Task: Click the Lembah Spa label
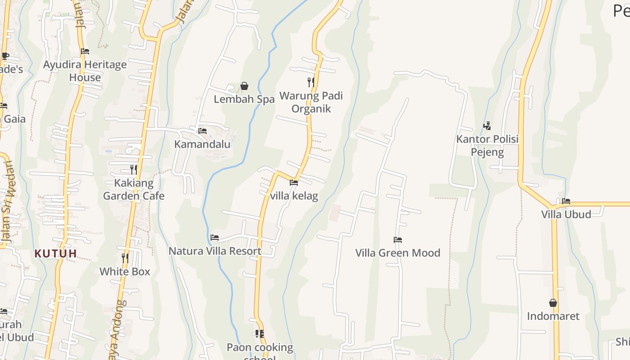point(244,99)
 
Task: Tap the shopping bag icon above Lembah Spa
point(244,86)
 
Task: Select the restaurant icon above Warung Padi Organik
point(310,82)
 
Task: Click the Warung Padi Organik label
point(311,102)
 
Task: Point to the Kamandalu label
point(202,144)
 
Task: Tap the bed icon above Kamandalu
point(202,131)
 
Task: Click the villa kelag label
point(294,196)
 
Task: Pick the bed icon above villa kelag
point(294,183)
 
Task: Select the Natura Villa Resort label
point(215,251)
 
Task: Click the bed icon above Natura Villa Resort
point(215,237)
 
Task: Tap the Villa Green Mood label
point(398,253)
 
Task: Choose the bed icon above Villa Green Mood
point(398,240)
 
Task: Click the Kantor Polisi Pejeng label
point(487,145)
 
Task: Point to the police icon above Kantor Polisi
point(487,126)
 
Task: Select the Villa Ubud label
point(566,214)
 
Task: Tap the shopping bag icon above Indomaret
point(553,303)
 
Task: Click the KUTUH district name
point(56,254)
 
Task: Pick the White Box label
point(125,272)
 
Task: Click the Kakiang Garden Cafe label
point(134,189)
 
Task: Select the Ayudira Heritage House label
point(85,71)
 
